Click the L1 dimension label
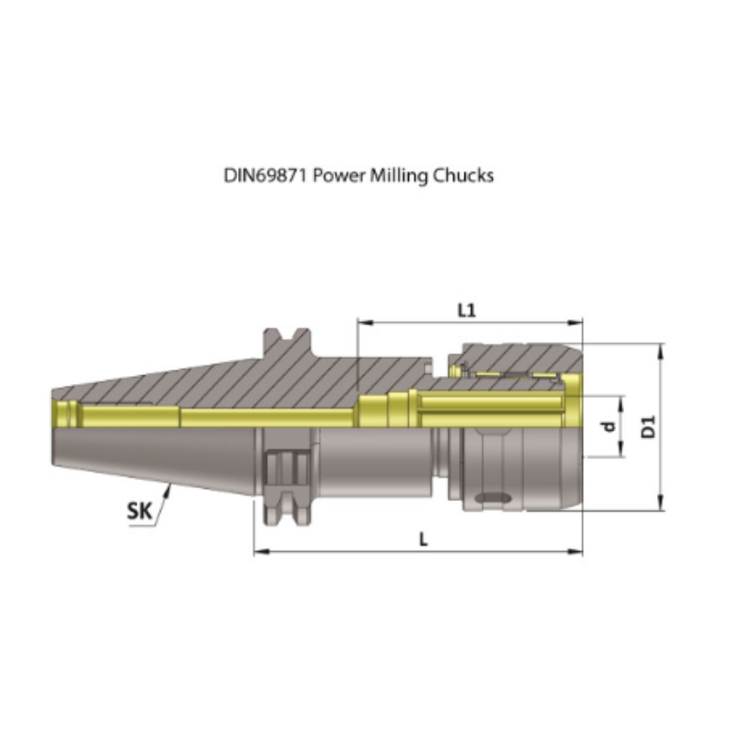(466, 310)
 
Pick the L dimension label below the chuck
(422, 539)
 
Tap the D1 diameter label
(648, 425)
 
